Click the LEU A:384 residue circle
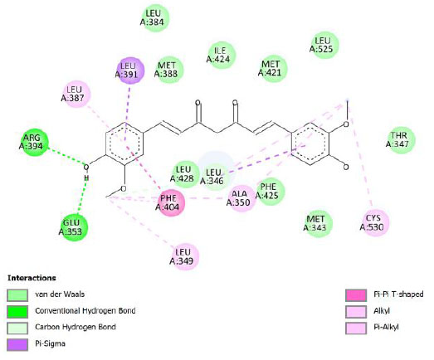point(155,17)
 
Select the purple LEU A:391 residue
point(130,71)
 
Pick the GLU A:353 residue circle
point(74,227)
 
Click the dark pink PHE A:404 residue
point(171,202)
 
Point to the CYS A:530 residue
point(375,223)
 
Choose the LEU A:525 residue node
point(325,45)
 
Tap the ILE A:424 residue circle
point(222,55)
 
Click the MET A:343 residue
point(318,224)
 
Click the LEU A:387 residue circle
point(76,94)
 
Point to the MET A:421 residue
point(273,68)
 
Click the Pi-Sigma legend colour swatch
point(17,345)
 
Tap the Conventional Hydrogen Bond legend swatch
point(17,312)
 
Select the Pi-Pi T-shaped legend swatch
point(356,295)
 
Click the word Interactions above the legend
point(32,278)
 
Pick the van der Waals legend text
point(60,294)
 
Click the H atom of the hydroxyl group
point(86,178)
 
